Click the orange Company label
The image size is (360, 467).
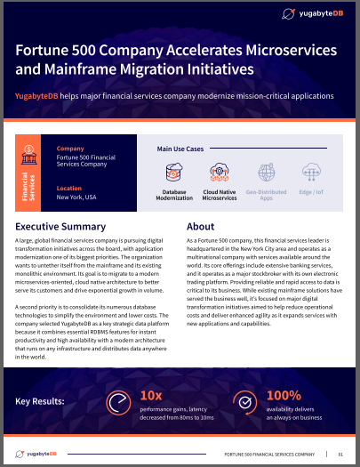(71, 149)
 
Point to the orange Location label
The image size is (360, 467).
(71, 189)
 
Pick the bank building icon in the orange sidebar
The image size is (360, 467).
(28, 149)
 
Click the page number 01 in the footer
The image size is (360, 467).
(340, 453)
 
